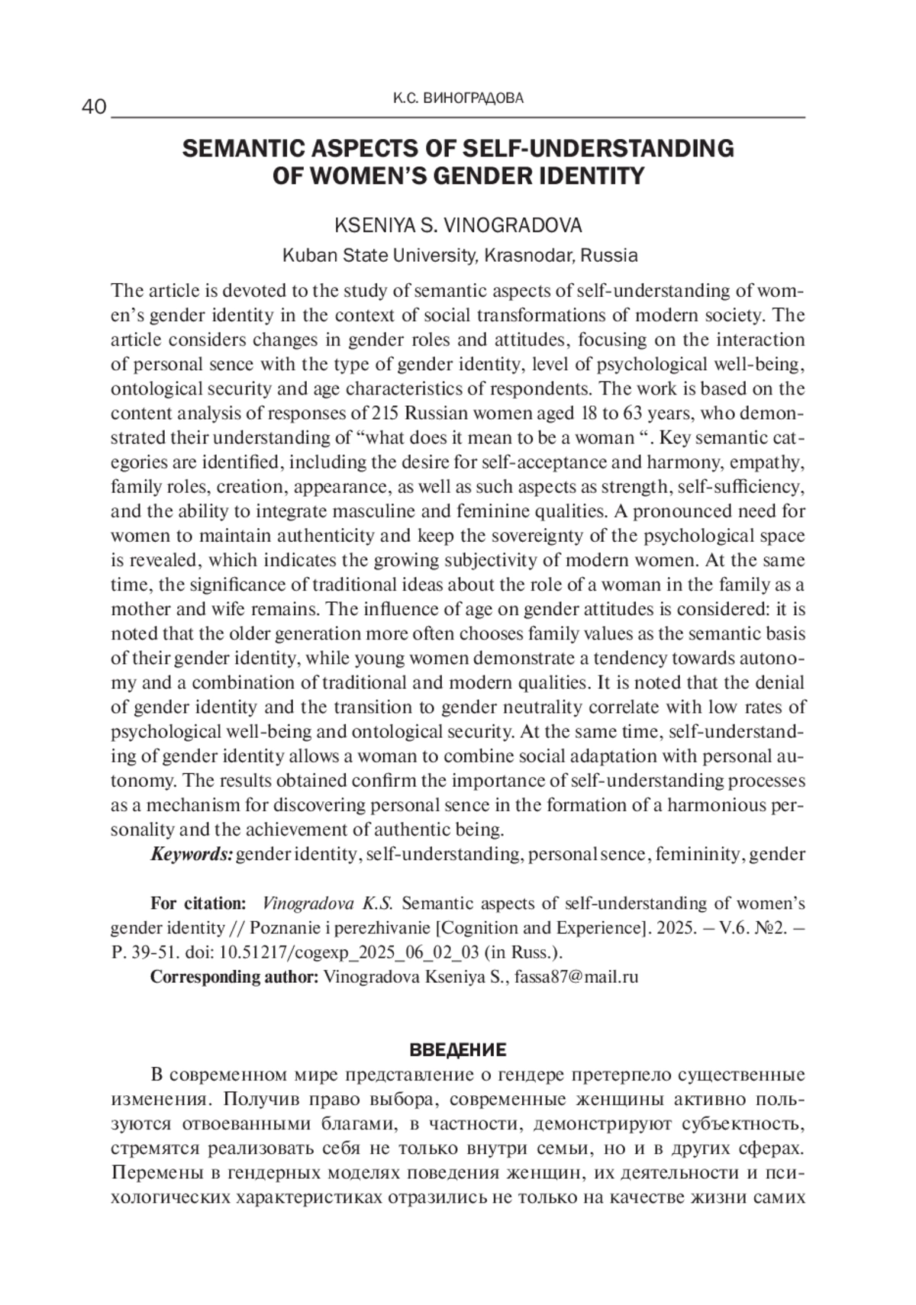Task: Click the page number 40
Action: coord(94,107)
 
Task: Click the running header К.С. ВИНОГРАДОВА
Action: coord(458,98)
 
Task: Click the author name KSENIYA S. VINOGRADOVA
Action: coord(458,225)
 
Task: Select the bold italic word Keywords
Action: coord(191,854)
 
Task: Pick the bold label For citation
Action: coord(198,904)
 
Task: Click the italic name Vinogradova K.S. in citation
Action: coord(327,904)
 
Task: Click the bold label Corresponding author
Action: coord(234,977)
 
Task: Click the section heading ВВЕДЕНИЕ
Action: coord(458,1050)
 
